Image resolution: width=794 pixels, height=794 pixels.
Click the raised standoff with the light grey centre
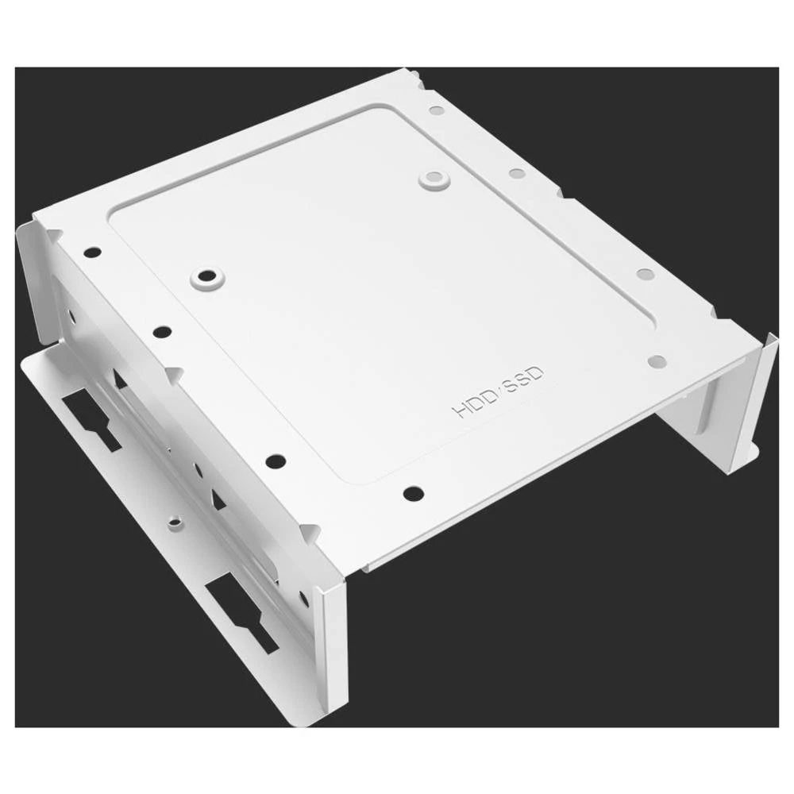434,179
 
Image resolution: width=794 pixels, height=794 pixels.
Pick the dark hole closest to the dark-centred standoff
163,330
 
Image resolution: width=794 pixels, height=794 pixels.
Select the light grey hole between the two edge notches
645,274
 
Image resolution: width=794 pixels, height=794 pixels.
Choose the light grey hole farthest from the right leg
434,112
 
